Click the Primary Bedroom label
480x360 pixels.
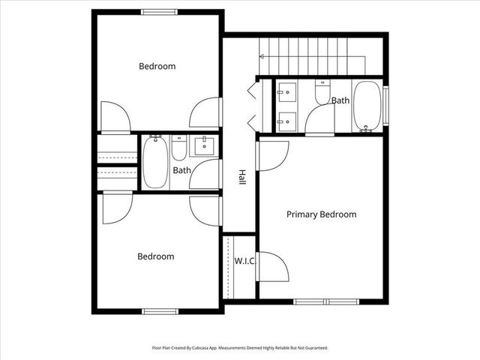click(321, 214)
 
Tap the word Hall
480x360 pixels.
click(242, 177)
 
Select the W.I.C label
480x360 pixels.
click(244, 261)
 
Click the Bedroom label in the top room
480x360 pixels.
click(157, 67)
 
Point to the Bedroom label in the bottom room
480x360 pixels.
click(155, 256)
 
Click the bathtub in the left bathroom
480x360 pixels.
click(155, 162)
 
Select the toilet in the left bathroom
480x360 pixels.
click(179, 148)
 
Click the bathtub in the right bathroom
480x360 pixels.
click(367, 106)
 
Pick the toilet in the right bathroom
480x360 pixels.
click(322, 94)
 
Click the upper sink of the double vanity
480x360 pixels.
click(286, 94)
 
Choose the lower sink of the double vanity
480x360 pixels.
click(286, 118)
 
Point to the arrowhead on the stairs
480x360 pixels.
click(263, 56)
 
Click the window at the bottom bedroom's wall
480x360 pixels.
click(160, 310)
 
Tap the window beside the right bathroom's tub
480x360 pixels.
click(386, 106)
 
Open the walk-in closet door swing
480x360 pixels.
click(270, 267)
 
